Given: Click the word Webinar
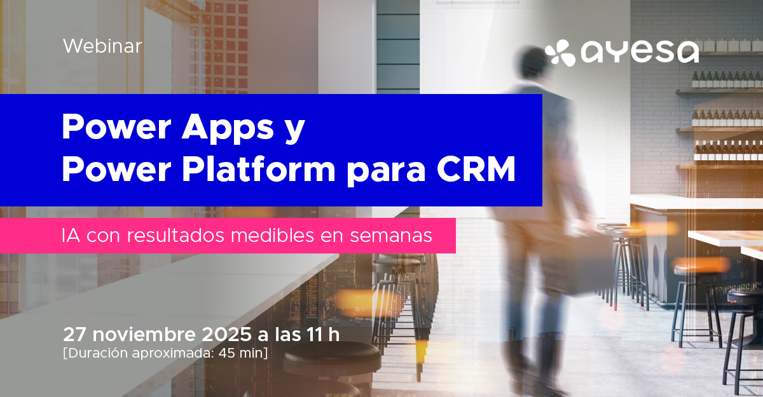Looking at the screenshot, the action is [x=102, y=46].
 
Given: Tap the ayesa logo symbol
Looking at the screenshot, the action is [x=560, y=52].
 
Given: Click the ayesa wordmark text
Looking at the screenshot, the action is [x=640, y=52].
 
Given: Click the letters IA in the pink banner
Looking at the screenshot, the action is [x=71, y=236].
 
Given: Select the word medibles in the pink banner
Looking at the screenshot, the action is [x=272, y=235].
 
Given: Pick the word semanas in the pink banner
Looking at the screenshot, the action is [x=391, y=236].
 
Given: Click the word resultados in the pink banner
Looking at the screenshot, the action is [x=175, y=235].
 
